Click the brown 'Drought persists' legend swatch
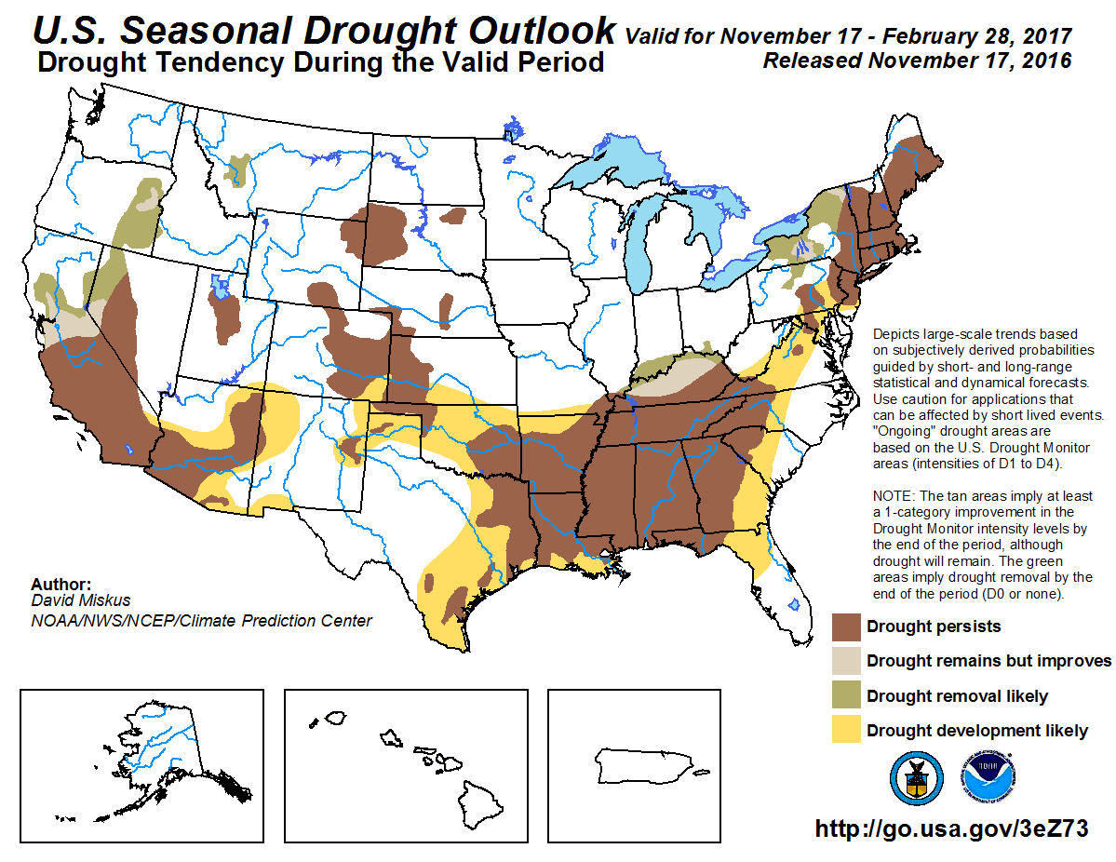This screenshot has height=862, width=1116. [846, 626]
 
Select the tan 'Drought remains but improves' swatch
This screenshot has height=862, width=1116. [846, 661]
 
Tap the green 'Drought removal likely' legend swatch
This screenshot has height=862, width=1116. [846, 695]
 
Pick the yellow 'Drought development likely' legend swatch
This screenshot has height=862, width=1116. [846, 730]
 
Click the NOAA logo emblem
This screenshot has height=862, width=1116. [988, 778]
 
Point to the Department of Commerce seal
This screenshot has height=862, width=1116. [917, 778]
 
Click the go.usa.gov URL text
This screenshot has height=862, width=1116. [951, 828]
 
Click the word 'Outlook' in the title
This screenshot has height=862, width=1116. [543, 31]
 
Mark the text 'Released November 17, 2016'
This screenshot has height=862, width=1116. [916, 61]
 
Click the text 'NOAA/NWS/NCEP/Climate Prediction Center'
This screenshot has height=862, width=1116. [201, 621]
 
